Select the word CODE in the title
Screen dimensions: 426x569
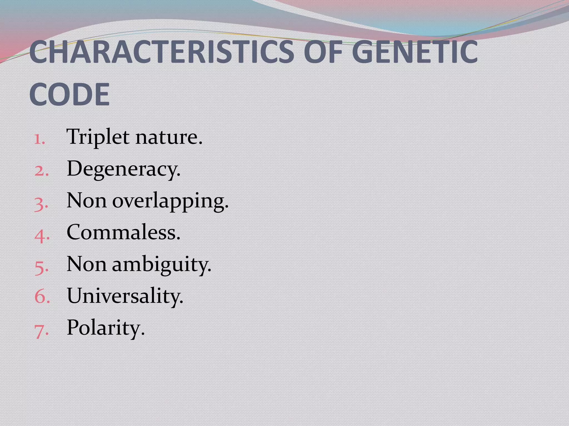(69, 94)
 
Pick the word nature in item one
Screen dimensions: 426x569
(169, 137)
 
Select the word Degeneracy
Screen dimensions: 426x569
(123, 169)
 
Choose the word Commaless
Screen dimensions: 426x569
(123, 232)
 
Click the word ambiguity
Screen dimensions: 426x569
(161, 265)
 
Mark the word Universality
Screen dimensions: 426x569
(125, 296)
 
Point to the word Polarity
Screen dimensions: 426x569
(106, 328)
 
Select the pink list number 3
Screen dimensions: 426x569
(41, 203)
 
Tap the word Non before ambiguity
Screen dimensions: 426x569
(86, 264)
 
